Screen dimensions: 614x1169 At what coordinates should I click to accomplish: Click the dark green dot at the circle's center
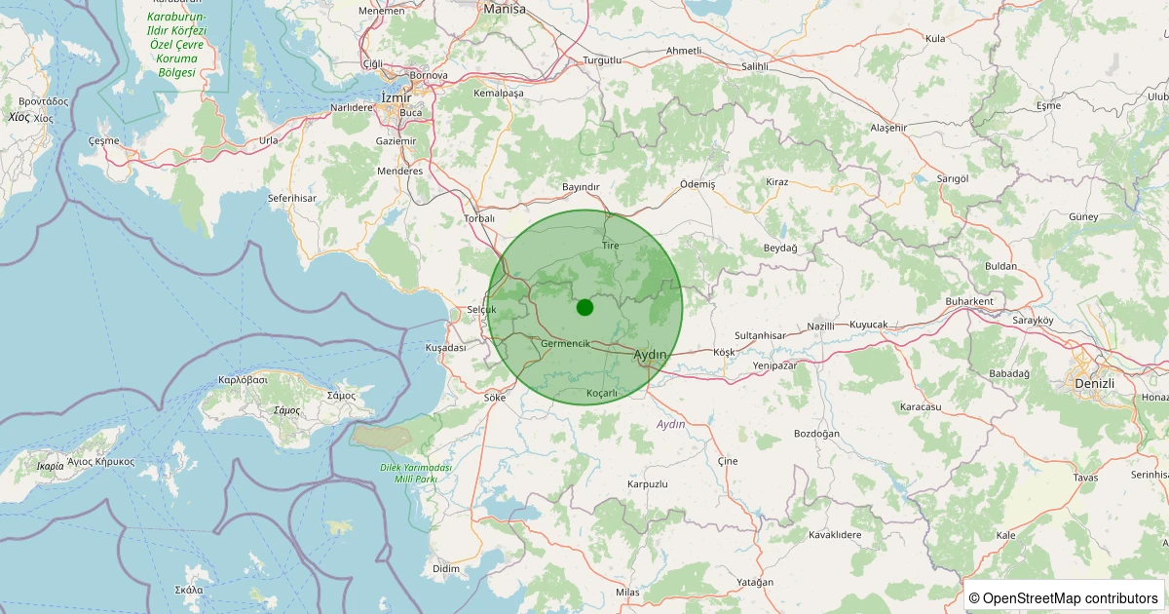(584, 307)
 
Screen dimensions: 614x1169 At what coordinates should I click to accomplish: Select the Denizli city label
(1093, 383)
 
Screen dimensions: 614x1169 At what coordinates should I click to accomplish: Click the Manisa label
(505, 9)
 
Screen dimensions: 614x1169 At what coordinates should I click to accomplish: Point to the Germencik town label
(565, 343)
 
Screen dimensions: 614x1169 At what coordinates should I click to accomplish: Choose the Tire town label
(611, 246)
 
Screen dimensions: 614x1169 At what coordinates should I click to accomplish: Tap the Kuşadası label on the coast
(446, 348)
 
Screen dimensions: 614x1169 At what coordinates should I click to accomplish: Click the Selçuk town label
(481, 310)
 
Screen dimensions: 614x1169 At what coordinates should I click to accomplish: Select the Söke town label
(495, 398)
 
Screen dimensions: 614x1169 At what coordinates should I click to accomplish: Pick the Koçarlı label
(602, 393)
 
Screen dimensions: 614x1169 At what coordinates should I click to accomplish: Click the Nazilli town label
(822, 326)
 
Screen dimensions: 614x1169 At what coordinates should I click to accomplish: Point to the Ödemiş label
(698, 184)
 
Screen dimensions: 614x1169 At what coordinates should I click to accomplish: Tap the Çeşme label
(103, 140)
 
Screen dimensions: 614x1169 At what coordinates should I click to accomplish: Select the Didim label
(445, 568)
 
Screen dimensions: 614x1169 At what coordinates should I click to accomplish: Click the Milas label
(628, 593)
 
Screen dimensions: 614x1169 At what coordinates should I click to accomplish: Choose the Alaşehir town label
(888, 128)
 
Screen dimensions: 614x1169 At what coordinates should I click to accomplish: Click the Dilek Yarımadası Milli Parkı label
(416, 473)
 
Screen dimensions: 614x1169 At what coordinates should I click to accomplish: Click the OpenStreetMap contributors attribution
(1063, 597)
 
